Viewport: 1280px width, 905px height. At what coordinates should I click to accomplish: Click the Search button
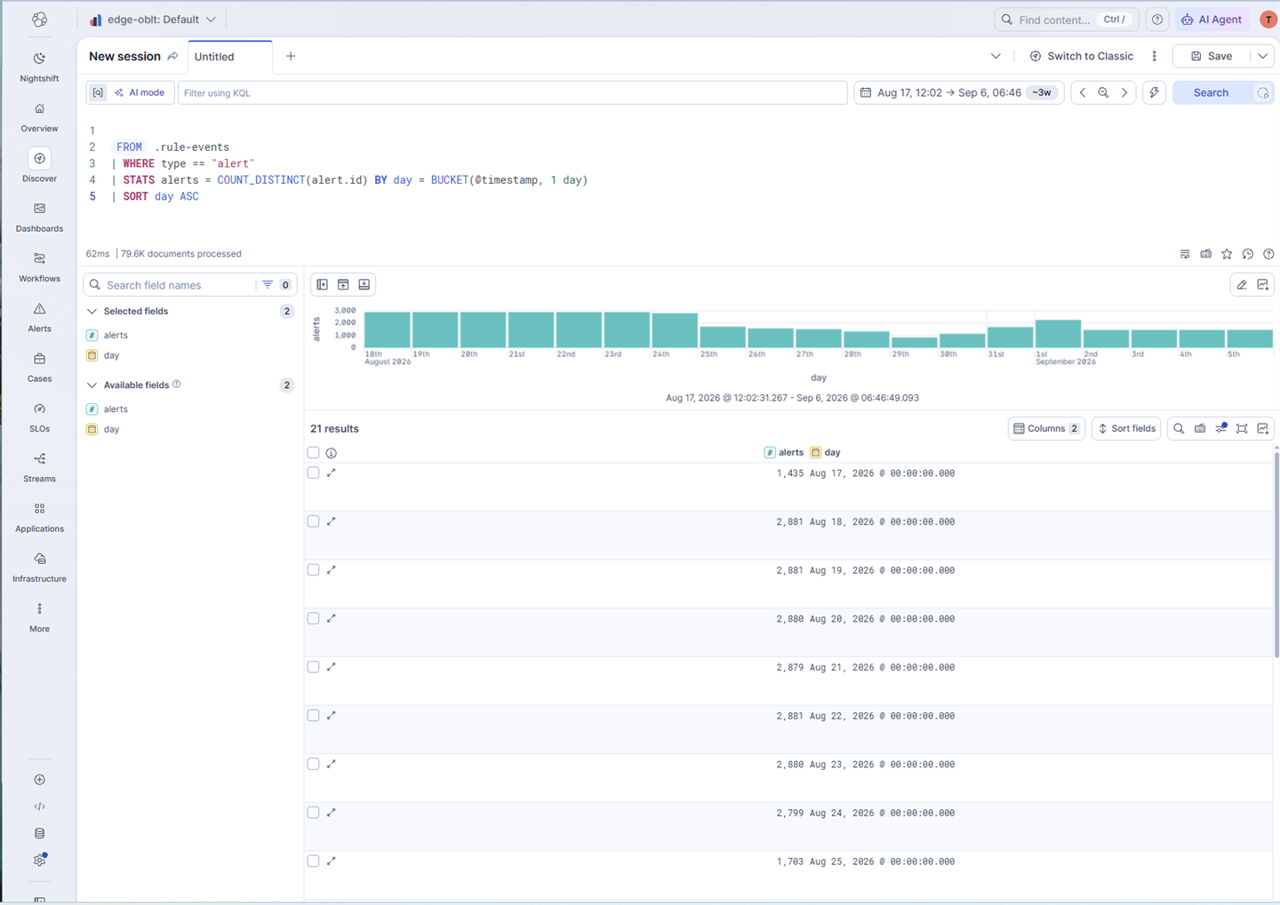coord(1211,92)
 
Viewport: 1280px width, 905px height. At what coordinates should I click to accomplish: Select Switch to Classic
coord(1081,56)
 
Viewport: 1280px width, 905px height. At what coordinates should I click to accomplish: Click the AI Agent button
coord(1212,20)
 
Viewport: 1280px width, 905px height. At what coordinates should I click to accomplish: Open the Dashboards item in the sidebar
coord(39,217)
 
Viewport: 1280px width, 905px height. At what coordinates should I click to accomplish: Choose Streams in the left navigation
coord(39,467)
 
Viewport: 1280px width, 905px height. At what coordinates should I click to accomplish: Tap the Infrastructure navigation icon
coord(39,559)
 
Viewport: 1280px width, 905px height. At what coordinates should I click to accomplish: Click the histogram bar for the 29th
coord(915,342)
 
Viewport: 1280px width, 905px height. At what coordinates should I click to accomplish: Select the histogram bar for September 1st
coord(1058,333)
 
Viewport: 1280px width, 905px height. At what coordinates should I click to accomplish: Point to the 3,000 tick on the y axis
coord(345,310)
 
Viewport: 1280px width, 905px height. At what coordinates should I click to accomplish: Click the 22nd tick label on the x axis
coord(565,354)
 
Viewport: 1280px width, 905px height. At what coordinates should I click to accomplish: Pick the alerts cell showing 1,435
coord(789,473)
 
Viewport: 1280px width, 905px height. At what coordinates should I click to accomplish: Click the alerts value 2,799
coord(789,813)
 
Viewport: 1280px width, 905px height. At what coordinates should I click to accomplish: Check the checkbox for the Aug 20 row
coord(313,618)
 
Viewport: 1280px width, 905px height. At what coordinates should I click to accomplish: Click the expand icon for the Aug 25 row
coord(331,861)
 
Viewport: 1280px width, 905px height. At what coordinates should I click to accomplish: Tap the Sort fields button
coord(1126,428)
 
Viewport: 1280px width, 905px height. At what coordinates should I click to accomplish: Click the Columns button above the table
coord(1046,428)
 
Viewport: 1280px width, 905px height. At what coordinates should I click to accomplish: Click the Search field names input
coord(177,285)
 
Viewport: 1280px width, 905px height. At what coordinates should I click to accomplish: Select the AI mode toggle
coord(140,92)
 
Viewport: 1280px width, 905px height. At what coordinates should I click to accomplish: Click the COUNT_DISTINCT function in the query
coord(261,180)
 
